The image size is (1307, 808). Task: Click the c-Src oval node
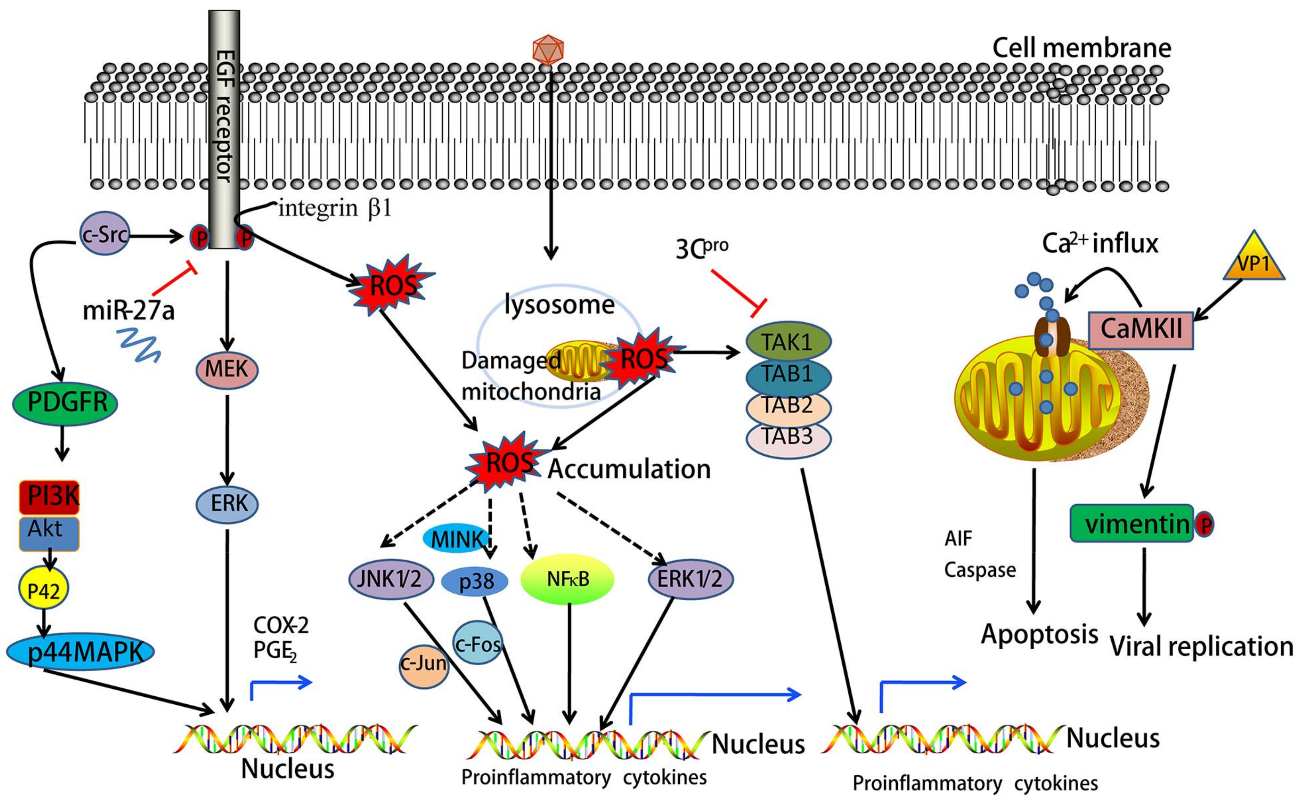[x=104, y=234]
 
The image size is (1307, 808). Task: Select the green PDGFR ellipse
[x=65, y=402]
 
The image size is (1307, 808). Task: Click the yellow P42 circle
[x=43, y=590]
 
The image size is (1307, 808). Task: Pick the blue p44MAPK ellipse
[x=80, y=652]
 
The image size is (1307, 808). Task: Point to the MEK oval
[x=227, y=369]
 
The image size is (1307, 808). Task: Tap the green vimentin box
[x=1132, y=524]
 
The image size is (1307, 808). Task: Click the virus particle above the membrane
[x=548, y=50]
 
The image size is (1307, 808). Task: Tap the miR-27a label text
[x=128, y=311]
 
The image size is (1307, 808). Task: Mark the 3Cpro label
[x=701, y=248]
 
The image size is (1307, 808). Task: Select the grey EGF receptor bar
[x=223, y=128]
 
